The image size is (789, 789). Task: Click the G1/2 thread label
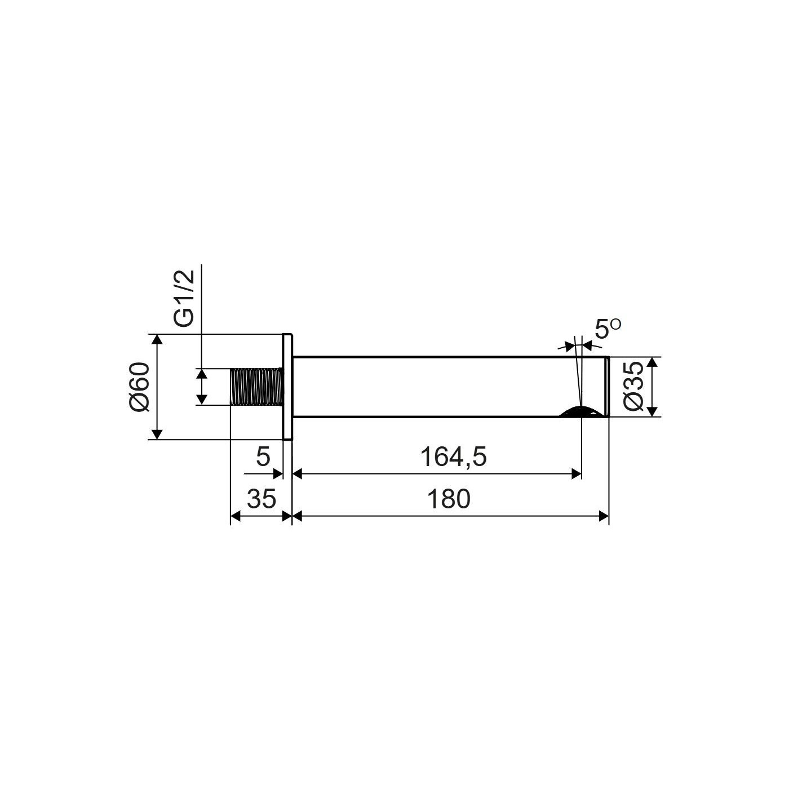[183, 299]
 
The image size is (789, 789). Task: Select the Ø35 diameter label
[633, 386]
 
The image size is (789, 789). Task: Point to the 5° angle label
[608, 329]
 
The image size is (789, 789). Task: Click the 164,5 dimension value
[453, 457]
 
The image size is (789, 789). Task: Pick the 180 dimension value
[449, 499]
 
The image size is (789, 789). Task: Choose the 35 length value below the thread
[261, 499]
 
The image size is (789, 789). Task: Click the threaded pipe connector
[257, 387]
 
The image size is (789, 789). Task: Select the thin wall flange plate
[287, 387]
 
